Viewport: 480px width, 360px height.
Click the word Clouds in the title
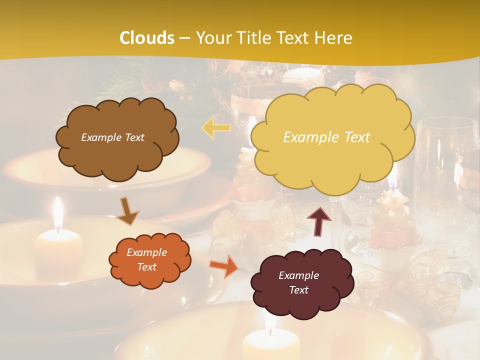coord(147,38)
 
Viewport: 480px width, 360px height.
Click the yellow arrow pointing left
coord(216,128)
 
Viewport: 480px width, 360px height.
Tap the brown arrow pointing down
coord(127,211)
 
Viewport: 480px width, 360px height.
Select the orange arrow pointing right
coord(223,266)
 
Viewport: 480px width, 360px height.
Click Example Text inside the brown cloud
coord(112,137)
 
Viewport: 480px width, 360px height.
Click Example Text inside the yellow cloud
coord(326,137)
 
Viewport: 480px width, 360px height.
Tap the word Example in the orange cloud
coord(146,253)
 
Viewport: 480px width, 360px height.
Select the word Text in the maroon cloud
coord(298,290)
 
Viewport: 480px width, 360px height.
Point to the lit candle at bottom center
coord(271,344)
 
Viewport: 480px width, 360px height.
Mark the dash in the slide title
coord(184,38)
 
